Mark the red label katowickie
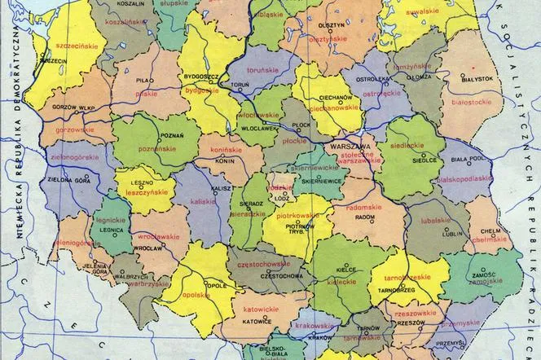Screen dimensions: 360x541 [x=263, y=310]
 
